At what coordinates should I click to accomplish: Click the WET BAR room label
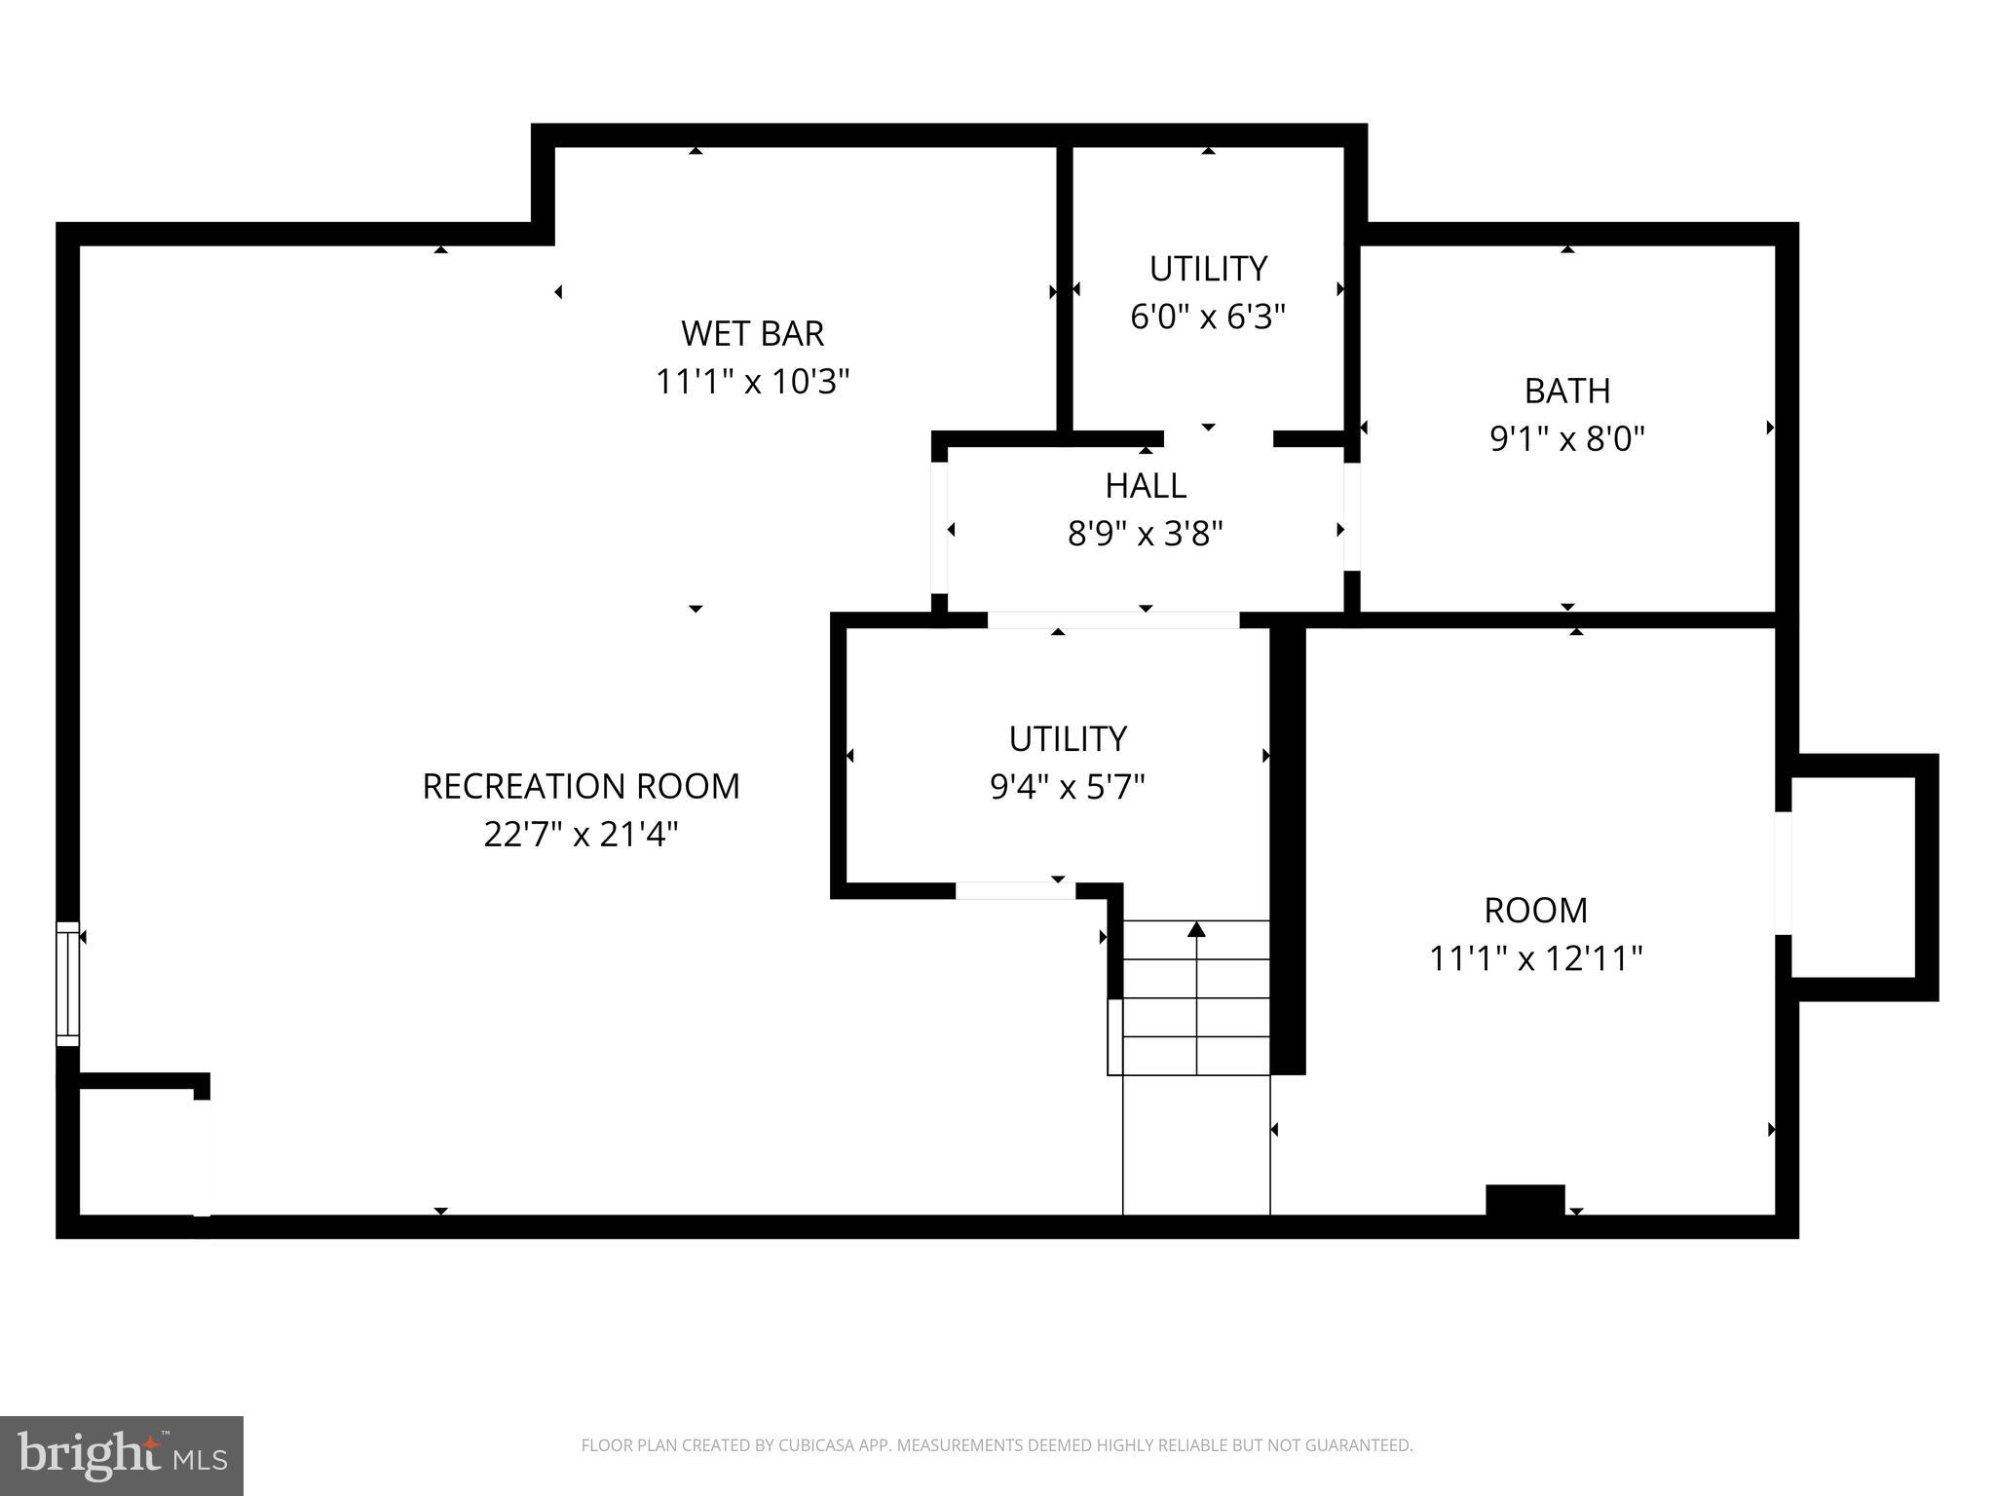pos(752,333)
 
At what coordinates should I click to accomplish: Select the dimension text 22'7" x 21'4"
pos(581,835)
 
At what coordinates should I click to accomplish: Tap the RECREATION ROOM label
pos(581,786)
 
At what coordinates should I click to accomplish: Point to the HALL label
pos(1145,485)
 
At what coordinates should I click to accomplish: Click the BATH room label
pos(1566,391)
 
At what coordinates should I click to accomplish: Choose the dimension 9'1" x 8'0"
pos(1566,439)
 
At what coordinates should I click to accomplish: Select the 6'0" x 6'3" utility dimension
pos(1208,317)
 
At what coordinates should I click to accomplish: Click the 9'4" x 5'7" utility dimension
pos(1067,786)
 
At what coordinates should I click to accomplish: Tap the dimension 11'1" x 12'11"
pos(1535,958)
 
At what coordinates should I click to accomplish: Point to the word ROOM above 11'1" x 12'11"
pos(1535,910)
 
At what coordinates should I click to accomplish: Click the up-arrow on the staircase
pos(1196,931)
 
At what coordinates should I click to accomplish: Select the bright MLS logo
pos(122,1455)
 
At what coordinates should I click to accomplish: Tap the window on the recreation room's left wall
pos(67,984)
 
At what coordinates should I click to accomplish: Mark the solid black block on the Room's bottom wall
pos(1524,1200)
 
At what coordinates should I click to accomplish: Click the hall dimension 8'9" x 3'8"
pos(1145,534)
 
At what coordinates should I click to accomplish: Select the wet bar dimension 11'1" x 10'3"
pos(752,382)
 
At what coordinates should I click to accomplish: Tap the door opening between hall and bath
pos(1352,516)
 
